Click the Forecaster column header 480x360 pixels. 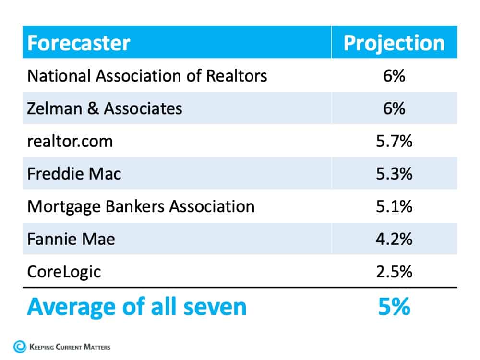pos(78,43)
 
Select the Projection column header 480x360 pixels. pos(394,43)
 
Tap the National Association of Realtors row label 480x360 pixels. pos(147,75)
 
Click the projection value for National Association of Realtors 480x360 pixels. pos(394,75)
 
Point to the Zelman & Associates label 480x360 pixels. pos(105,108)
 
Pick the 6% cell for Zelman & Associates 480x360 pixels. pos(394,108)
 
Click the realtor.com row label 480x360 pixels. pos(70,141)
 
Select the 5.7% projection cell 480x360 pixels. pos(394,141)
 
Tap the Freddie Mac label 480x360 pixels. pos(74,173)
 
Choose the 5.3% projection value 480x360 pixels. pos(394,173)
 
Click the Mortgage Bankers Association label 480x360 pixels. pos(141,206)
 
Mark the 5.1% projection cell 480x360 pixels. pos(394,206)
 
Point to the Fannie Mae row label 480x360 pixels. pos(71,239)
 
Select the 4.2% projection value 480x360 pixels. pos(394,239)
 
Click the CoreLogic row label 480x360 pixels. pos(64,271)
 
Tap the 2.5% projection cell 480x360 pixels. pos(394,271)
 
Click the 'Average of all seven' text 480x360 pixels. pos(136,307)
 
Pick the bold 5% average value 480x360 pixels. pos(394,307)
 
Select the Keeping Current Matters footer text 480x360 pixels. pos(70,347)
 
